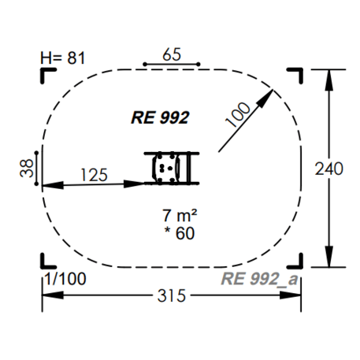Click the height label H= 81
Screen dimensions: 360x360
[x=63, y=58]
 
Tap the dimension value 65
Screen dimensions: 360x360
[x=172, y=54]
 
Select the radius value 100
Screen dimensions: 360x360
[x=238, y=115]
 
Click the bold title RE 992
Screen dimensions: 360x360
[x=160, y=117]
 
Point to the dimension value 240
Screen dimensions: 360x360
[x=329, y=169]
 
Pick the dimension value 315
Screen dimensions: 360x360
[x=172, y=295]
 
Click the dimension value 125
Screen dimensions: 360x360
[x=94, y=175]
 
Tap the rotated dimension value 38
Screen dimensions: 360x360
[x=27, y=169]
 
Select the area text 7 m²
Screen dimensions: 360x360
[x=180, y=216]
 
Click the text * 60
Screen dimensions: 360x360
[x=180, y=233]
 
